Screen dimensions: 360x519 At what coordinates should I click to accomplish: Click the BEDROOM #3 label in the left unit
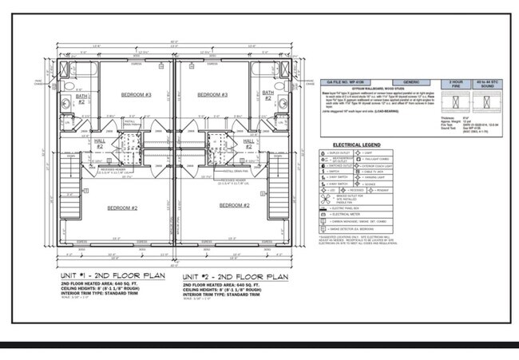(x=136, y=95)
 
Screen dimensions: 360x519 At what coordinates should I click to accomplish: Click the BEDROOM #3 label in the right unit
(x=213, y=95)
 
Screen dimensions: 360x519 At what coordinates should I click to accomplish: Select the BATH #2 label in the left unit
(x=81, y=99)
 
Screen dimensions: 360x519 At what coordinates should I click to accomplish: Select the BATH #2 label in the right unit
(x=268, y=99)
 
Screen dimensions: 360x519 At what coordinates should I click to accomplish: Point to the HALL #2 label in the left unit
(x=100, y=144)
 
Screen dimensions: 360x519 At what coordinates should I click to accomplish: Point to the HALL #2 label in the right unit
(x=248, y=144)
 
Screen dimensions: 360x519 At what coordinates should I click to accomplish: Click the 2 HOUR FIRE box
(x=456, y=83)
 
